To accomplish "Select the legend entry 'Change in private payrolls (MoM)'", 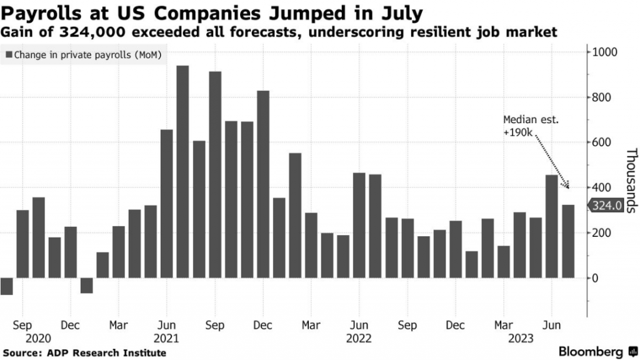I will (x=84, y=56).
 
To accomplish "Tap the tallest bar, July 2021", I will (x=182, y=172).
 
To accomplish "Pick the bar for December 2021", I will (x=263, y=184).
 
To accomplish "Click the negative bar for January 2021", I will (x=86, y=286).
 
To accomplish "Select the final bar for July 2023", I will (x=567, y=241).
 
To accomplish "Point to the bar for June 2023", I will (x=551, y=226).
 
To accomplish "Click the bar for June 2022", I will (x=359, y=225).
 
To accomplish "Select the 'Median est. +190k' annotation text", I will (x=524, y=125).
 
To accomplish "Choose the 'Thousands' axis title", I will (x=631, y=181).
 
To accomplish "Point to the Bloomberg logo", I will (x=591, y=351).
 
